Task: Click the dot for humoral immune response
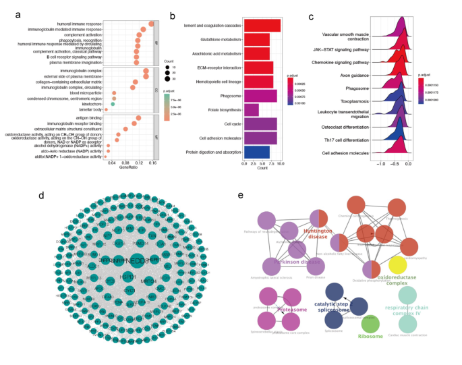point(151,24)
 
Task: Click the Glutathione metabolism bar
point(256,39)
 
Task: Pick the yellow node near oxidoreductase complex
point(397,264)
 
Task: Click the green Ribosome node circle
point(370,327)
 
